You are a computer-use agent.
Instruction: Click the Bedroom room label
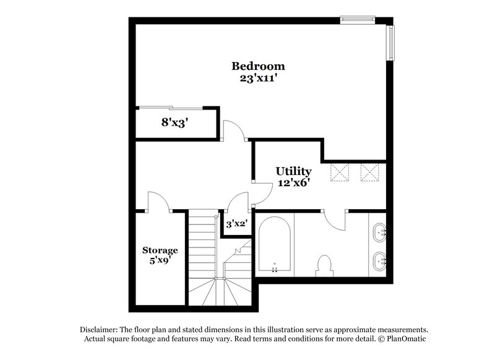pyautogui.click(x=258, y=66)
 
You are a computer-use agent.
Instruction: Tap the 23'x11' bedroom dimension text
pyautogui.click(x=258, y=79)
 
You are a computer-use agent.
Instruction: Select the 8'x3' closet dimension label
pyautogui.click(x=174, y=122)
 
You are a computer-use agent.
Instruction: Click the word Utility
pyautogui.click(x=293, y=171)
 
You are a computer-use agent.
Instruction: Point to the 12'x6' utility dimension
pyautogui.click(x=293, y=182)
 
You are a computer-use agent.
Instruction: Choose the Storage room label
pyautogui.click(x=160, y=250)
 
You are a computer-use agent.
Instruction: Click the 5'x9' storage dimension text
pyautogui.click(x=160, y=261)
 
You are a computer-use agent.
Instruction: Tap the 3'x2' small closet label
pyautogui.click(x=236, y=224)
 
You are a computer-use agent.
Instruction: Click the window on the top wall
pyautogui.click(x=358, y=20)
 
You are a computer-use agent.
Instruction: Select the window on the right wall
pyautogui.click(x=390, y=43)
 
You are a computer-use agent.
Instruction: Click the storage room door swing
pyautogui.click(x=156, y=202)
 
